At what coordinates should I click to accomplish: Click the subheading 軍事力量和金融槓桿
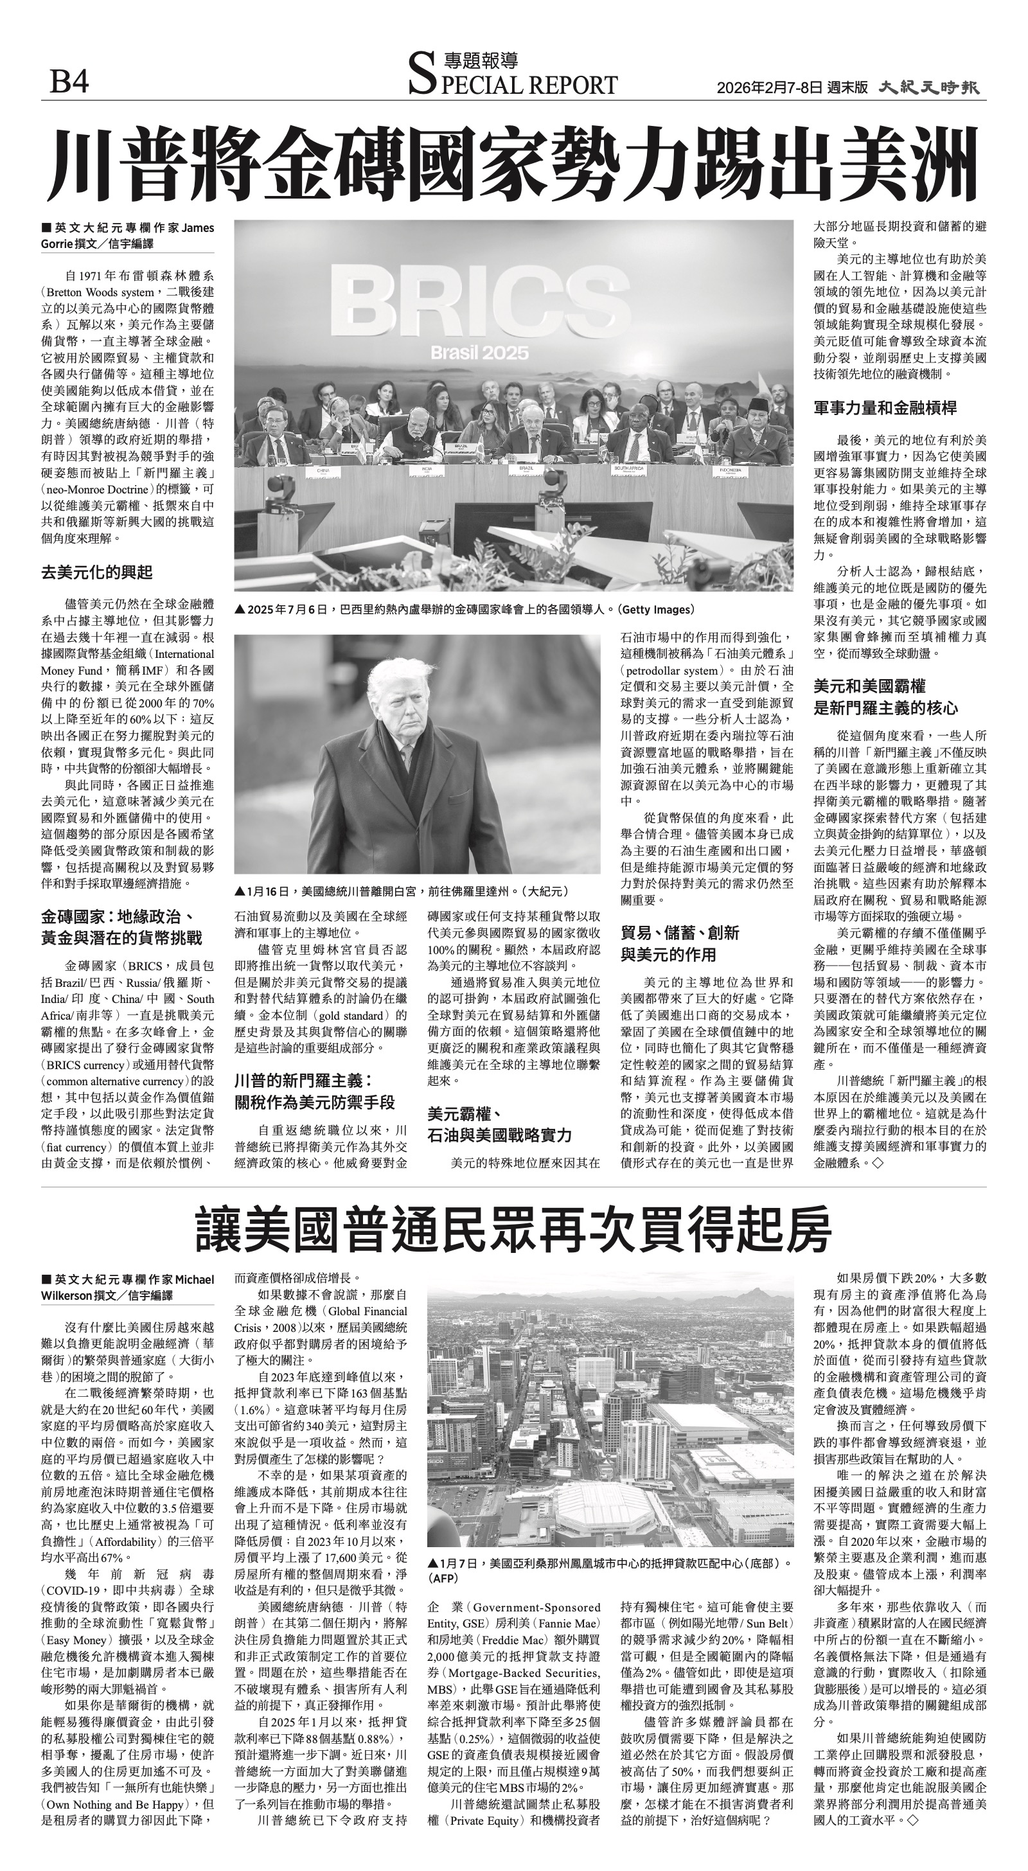pyautogui.click(x=885, y=408)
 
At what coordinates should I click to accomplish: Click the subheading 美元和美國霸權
pyautogui.click(x=869, y=686)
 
